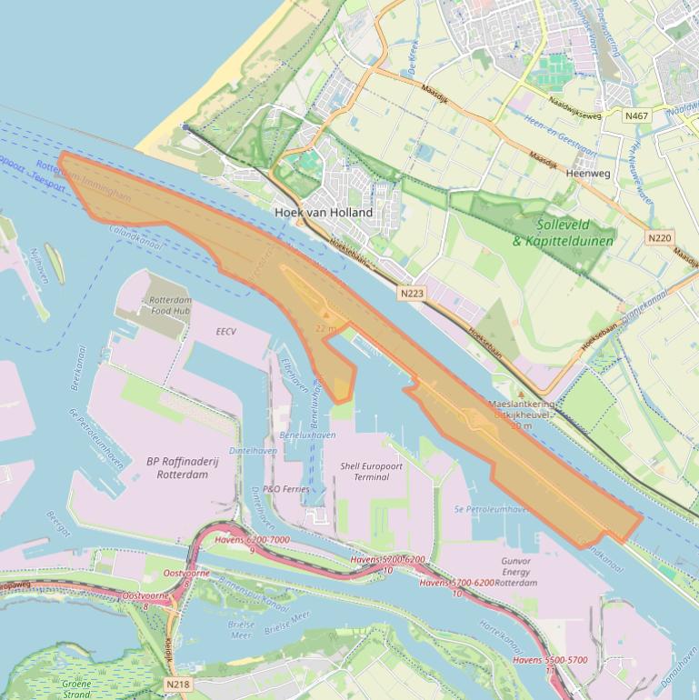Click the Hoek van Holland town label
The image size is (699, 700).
pyautogui.click(x=324, y=212)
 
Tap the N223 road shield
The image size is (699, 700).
pyautogui.click(x=412, y=294)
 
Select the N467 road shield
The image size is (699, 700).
pyautogui.click(x=636, y=115)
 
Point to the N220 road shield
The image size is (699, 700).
pyautogui.click(x=659, y=238)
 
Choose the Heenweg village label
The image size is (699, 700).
pyautogui.click(x=588, y=173)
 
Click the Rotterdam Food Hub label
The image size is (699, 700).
pyautogui.click(x=170, y=305)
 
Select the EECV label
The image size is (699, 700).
pyautogui.click(x=226, y=332)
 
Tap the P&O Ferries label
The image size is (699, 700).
pyautogui.click(x=285, y=489)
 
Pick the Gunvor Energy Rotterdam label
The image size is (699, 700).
pyautogui.click(x=515, y=572)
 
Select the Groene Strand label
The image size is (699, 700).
pyautogui.click(x=76, y=688)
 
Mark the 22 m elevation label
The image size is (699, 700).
pyautogui.click(x=326, y=327)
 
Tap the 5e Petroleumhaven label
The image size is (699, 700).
pyautogui.click(x=490, y=509)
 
